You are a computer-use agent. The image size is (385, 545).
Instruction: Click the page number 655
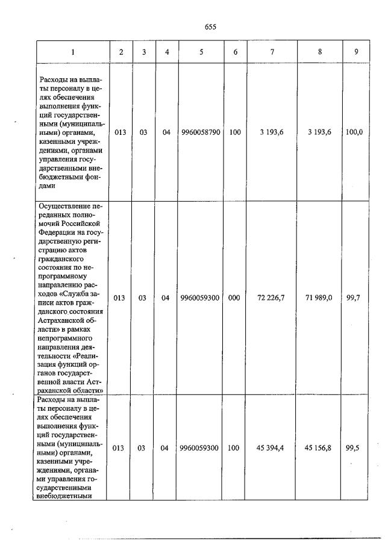[x=210, y=26]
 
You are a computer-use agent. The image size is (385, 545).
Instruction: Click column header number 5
[x=201, y=52]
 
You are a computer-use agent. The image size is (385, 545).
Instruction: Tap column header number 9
[x=357, y=52]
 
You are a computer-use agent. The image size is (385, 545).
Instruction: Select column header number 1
[x=73, y=52]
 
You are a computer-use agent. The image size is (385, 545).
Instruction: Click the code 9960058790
[x=201, y=132]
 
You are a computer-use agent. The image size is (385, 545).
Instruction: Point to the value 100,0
[x=354, y=132]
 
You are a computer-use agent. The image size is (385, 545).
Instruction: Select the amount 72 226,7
[x=272, y=297]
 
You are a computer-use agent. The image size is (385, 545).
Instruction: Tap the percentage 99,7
[x=354, y=297]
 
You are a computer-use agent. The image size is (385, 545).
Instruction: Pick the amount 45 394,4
[x=272, y=448]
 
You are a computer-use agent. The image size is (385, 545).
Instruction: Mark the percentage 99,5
[x=354, y=448]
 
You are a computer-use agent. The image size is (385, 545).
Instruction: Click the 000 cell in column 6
[x=235, y=297]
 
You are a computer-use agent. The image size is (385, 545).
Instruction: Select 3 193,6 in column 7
[x=272, y=132]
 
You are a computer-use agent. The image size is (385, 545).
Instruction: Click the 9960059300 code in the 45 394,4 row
[x=201, y=448]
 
